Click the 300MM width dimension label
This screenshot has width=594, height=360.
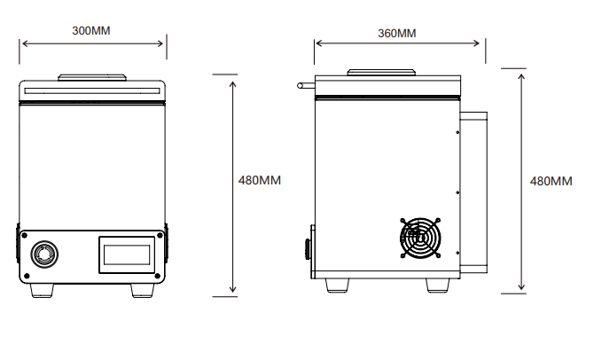pyautogui.click(x=92, y=30)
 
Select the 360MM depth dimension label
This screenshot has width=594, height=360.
pyautogui.click(x=396, y=34)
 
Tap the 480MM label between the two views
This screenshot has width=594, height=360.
pyautogui.click(x=260, y=180)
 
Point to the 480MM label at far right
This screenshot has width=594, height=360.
pyautogui.click(x=551, y=181)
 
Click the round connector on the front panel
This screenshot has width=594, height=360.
pyautogui.click(x=44, y=254)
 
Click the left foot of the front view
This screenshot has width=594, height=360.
pyautogui.click(x=42, y=289)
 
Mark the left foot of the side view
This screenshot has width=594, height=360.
pyautogui.click(x=337, y=285)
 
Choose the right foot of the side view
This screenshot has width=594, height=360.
pyautogui.click(x=437, y=285)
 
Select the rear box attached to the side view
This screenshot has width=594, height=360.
pyautogui.click(x=475, y=191)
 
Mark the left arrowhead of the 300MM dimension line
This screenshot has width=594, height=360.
pyautogui.click(x=24, y=42)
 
